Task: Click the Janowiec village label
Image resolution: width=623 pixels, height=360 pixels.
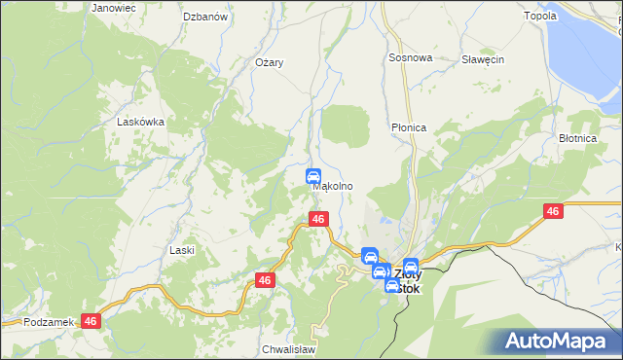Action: tap(113, 7)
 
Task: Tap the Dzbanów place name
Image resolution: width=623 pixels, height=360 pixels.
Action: tap(204, 17)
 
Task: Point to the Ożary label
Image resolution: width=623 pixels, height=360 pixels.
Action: tap(269, 62)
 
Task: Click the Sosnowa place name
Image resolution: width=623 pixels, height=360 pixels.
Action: tap(410, 58)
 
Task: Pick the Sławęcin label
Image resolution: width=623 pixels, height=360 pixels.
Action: tap(482, 59)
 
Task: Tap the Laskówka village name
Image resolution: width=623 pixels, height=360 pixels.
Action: tap(140, 123)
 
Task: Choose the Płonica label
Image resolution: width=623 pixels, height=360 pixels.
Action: tap(409, 127)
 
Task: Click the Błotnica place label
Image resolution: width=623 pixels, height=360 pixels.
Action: tap(577, 139)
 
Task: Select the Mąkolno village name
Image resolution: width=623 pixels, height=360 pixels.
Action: tap(333, 186)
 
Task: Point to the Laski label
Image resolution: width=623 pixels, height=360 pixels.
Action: tap(182, 250)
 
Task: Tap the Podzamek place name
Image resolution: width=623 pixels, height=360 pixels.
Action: tap(49, 321)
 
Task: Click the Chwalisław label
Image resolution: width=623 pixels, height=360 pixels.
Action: tap(286, 348)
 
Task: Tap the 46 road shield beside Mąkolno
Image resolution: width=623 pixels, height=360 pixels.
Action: tap(317, 220)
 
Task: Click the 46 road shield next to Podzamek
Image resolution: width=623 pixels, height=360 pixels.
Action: tap(92, 320)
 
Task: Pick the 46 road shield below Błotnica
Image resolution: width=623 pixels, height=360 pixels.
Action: tap(552, 211)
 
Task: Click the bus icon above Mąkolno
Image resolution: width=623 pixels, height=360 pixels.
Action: tap(313, 176)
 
